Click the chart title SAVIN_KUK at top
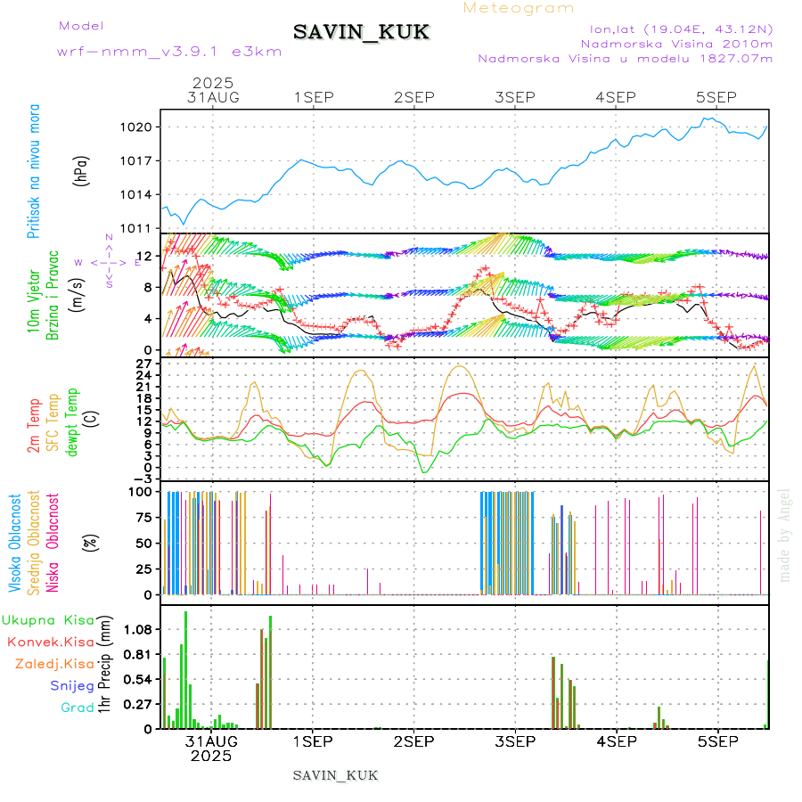(361, 33)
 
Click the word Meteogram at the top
(519, 8)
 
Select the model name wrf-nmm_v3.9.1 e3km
(169, 52)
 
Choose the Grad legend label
(78, 708)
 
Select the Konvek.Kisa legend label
(50, 642)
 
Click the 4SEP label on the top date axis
(616, 96)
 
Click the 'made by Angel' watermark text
(785, 535)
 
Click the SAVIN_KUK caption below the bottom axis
(336, 775)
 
